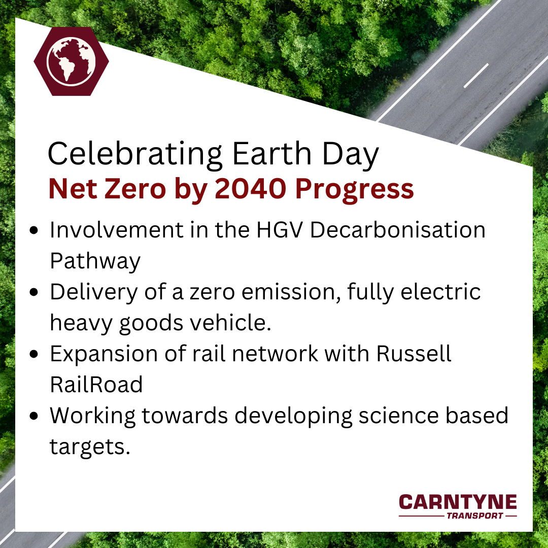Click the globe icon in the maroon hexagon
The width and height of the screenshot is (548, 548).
pos(72,61)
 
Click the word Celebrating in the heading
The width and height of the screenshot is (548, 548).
pos(135,154)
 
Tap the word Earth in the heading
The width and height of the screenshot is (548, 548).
pos(271,153)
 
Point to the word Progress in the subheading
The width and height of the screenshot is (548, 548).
pos(354,191)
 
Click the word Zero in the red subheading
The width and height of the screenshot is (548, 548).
pos(135,189)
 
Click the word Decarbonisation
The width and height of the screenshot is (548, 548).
pos(398,230)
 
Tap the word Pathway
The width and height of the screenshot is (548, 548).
pos(95,262)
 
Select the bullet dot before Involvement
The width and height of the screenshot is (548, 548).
pos(34,230)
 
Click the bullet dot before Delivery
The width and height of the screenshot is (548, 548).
pos(34,292)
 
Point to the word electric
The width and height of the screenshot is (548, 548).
pos(441,292)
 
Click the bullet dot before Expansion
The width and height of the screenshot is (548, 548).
pos(34,354)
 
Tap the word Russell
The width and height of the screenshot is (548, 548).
pos(414,354)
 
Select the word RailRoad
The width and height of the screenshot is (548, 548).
pos(96,385)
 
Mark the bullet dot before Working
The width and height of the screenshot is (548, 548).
pos(34,416)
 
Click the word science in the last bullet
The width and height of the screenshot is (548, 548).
pos(398,416)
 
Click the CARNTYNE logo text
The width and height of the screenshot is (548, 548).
pos(458,502)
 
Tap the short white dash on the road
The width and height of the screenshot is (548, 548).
pos(476,76)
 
